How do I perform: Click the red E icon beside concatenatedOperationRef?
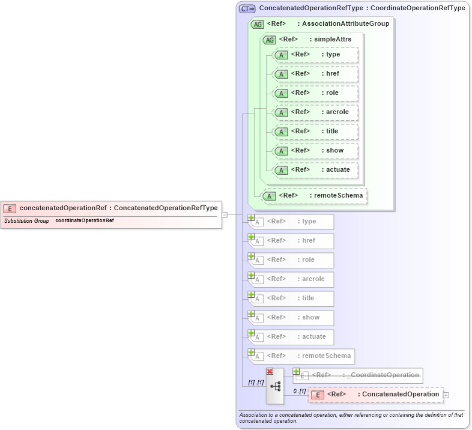pyautogui.click(x=10, y=208)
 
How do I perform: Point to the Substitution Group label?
pyautogui.click(x=26, y=221)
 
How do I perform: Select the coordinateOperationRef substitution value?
pyautogui.click(x=85, y=221)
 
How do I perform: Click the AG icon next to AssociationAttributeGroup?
pyautogui.click(x=257, y=24)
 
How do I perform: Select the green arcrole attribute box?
pyautogui.click(x=316, y=112)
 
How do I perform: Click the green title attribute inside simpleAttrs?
pyautogui.click(x=316, y=132)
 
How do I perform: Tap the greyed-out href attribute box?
pyautogui.click(x=294, y=241)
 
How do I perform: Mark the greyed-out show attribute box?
pyautogui.click(x=294, y=318)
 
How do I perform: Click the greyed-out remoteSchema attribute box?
pyautogui.click(x=304, y=356)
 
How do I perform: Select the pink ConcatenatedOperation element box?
pyautogui.click(x=376, y=395)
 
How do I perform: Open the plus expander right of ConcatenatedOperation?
pyautogui.click(x=446, y=395)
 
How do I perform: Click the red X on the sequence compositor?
pyautogui.click(x=270, y=372)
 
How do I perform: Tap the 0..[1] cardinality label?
pyautogui.click(x=299, y=391)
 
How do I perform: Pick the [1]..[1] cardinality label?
pyautogui.click(x=256, y=383)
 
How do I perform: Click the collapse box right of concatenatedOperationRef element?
pyautogui.click(x=224, y=214)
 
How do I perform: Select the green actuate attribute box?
pyautogui.click(x=316, y=170)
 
